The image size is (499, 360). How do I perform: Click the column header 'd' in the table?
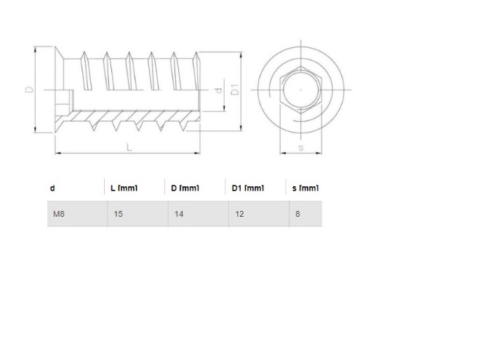click(x=52, y=188)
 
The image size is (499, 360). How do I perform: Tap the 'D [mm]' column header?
click(x=185, y=188)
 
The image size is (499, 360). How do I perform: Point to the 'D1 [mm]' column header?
click(x=247, y=188)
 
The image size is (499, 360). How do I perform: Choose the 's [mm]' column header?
click(x=305, y=188)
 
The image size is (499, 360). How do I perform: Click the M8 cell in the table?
click(x=57, y=215)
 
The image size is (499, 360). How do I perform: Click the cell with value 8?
click(x=299, y=215)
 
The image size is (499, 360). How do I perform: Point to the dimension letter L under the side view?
click(x=129, y=147)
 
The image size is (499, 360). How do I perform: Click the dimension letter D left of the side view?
click(x=28, y=89)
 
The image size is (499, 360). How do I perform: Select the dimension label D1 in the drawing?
click(x=235, y=89)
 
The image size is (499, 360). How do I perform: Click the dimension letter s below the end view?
click(x=300, y=148)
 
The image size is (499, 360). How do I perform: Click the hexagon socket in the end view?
click(x=300, y=90)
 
